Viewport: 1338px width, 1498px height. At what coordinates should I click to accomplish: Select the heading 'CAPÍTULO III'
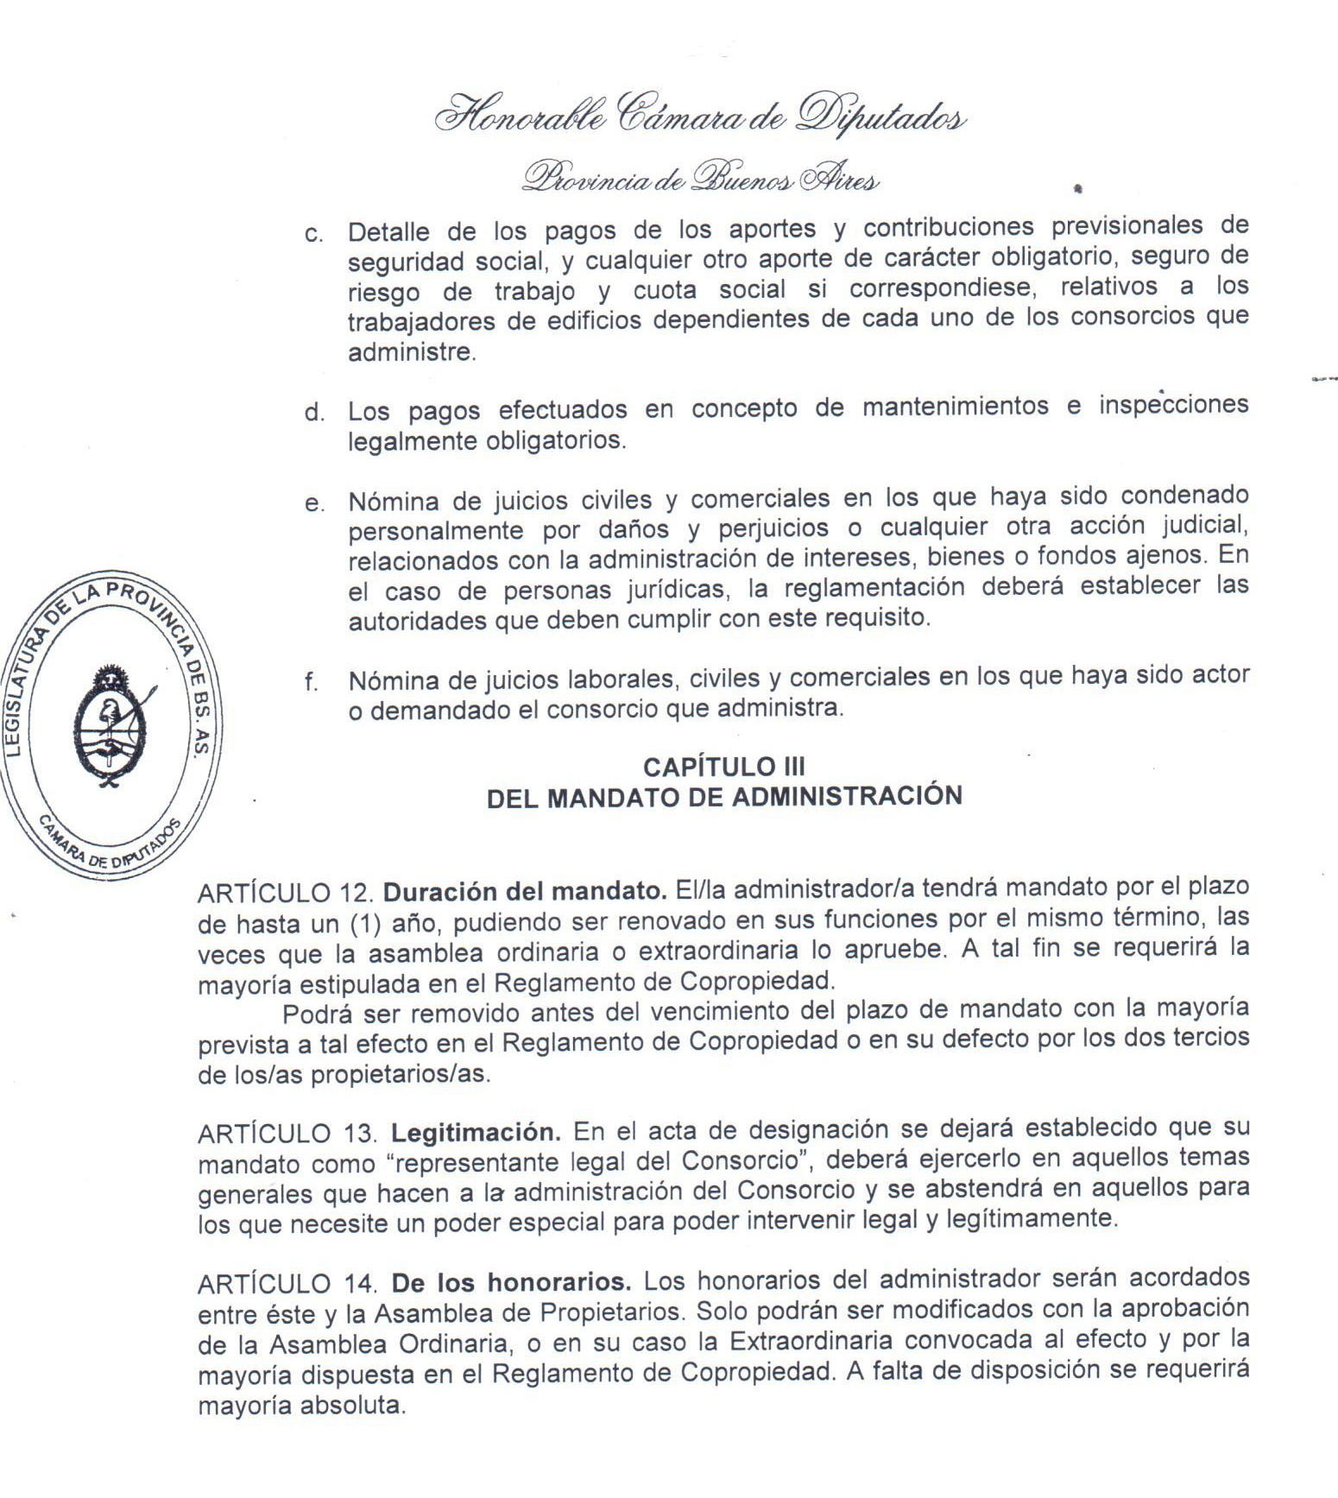723,767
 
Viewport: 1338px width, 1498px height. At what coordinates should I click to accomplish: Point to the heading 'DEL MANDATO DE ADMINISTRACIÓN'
723,796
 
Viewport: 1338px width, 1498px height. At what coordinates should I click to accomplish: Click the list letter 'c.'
314,235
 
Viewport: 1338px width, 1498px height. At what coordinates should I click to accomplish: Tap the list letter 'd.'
314,412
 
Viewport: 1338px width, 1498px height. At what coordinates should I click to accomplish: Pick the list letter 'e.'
314,504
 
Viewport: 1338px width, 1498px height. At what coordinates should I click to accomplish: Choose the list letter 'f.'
312,682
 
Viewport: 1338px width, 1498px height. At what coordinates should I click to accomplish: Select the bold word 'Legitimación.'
476,1131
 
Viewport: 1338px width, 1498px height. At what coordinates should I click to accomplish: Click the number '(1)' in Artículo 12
365,924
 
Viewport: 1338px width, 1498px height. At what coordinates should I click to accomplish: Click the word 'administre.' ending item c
411,352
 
